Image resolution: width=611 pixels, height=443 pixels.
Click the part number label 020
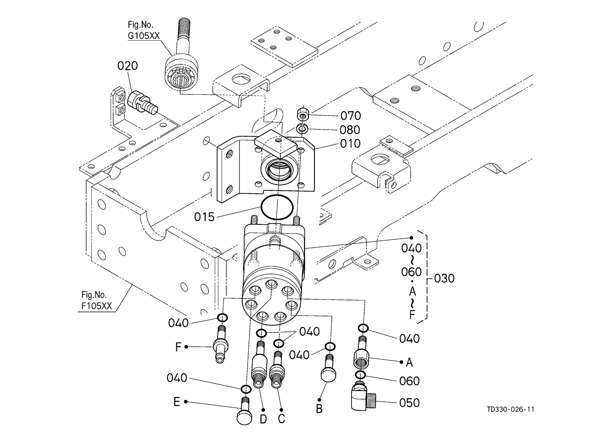(128, 66)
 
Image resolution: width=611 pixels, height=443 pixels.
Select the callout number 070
(350, 116)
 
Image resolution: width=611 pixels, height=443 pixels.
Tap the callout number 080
(350, 130)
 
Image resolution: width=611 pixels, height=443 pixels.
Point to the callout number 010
(350, 144)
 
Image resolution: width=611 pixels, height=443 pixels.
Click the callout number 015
(204, 217)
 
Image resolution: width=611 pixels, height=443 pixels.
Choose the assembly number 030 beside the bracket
(444, 279)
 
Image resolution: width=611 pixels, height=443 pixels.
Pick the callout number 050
(409, 403)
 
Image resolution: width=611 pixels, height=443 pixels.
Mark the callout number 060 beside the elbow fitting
(409, 381)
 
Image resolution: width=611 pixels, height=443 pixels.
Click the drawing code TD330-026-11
(510, 409)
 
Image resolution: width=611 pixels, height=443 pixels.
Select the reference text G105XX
(144, 36)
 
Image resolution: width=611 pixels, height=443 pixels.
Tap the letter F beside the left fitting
(179, 347)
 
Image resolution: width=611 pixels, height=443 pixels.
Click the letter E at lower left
(177, 402)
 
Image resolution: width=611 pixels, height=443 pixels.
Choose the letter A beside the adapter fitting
(409, 362)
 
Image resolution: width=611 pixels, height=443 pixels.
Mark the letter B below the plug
(319, 409)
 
